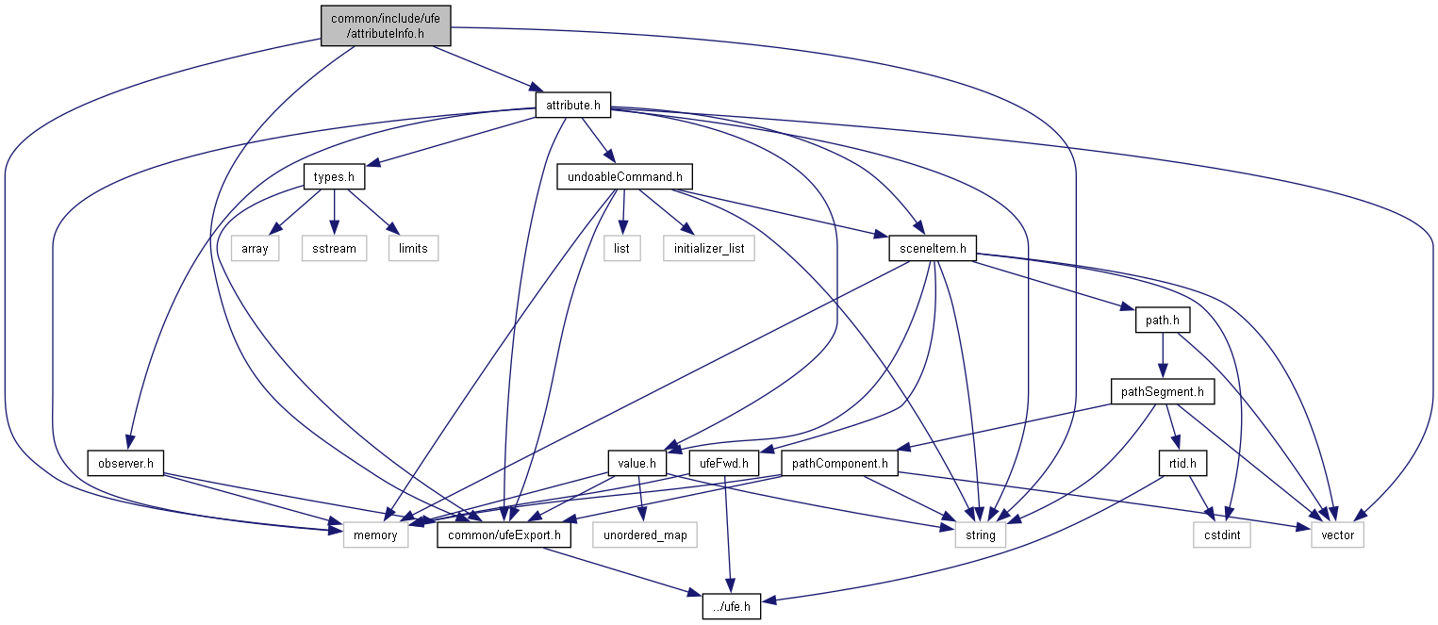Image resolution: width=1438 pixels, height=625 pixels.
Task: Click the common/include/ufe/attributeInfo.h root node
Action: click(385, 25)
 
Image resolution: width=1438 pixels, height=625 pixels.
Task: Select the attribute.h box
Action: click(572, 105)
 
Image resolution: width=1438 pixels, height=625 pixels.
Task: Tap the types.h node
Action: click(335, 176)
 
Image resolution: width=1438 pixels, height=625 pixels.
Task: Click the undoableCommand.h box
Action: click(625, 176)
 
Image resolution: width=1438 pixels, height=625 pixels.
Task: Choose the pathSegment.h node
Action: click(1162, 391)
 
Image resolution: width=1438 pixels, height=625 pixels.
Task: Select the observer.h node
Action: click(126, 463)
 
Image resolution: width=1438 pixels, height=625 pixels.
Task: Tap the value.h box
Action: click(637, 463)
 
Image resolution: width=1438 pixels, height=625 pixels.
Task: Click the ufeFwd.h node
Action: click(724, 463)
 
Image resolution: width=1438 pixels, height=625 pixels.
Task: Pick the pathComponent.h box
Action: click(840, 463)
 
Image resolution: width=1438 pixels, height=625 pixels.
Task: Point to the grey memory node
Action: click(369, 535)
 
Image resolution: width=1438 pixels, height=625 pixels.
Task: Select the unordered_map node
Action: click(645, 535)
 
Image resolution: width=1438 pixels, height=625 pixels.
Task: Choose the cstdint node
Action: click(1224, 535)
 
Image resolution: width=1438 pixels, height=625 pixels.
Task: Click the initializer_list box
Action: click(708, 248)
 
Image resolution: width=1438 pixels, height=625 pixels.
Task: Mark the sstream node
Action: click(334, 248)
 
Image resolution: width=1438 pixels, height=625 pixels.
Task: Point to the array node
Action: click(255, 248)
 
